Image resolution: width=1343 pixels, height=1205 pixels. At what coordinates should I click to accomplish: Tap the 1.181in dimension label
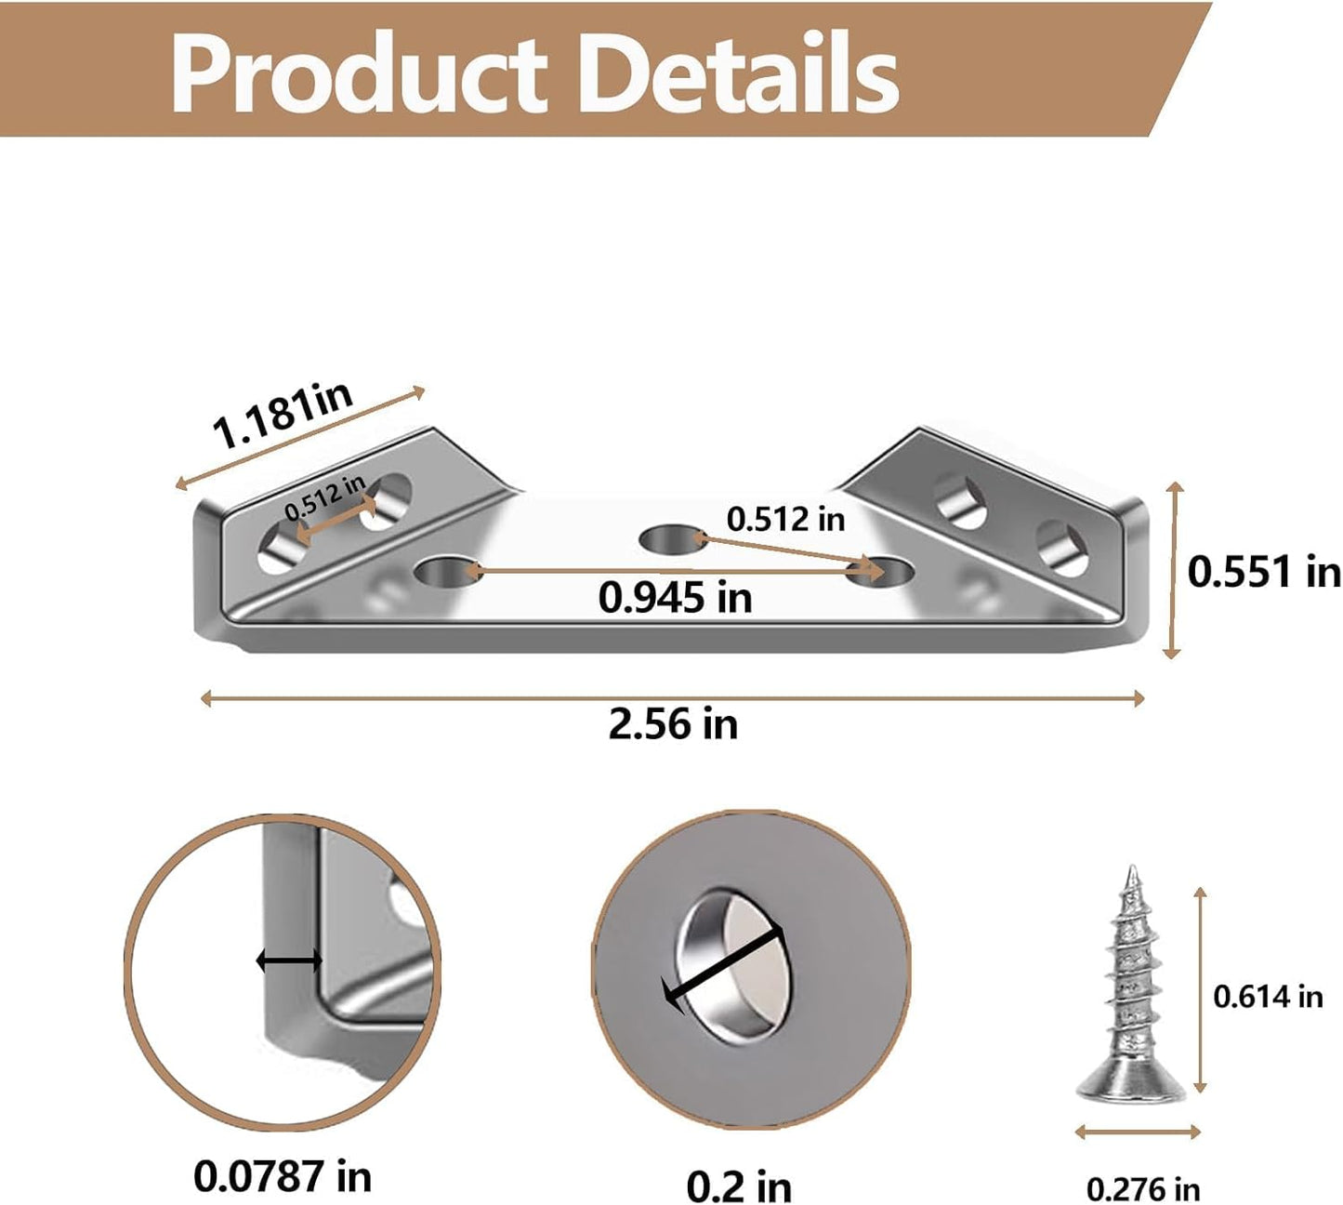[283, 415]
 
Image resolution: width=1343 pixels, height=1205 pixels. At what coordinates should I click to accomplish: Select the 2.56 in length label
[673, 724]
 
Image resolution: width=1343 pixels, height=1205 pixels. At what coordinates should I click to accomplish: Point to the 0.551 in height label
[1264, 572]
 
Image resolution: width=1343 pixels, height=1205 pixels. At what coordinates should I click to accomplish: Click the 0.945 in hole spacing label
[675, 598]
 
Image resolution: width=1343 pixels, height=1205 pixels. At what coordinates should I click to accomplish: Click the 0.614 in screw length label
[1268, 997]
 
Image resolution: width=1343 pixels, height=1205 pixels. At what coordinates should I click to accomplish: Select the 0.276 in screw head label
[1143, 1189]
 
